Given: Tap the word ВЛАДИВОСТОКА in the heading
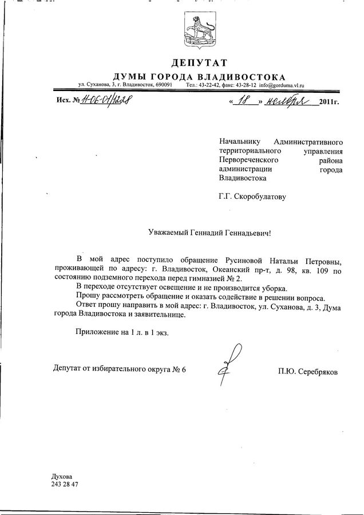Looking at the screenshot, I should point(246,76).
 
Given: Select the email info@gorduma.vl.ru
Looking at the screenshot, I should point(281,85).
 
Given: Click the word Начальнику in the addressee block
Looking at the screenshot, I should point(239,140).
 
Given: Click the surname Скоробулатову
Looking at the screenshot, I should point(259,196).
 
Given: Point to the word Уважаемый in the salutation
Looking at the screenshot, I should point(165,233).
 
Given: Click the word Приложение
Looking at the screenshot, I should point(98,331).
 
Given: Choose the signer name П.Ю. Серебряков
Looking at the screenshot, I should point(307,372).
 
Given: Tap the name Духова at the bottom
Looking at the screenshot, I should point(62,476).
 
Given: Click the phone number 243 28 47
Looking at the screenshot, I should point(65,485).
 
